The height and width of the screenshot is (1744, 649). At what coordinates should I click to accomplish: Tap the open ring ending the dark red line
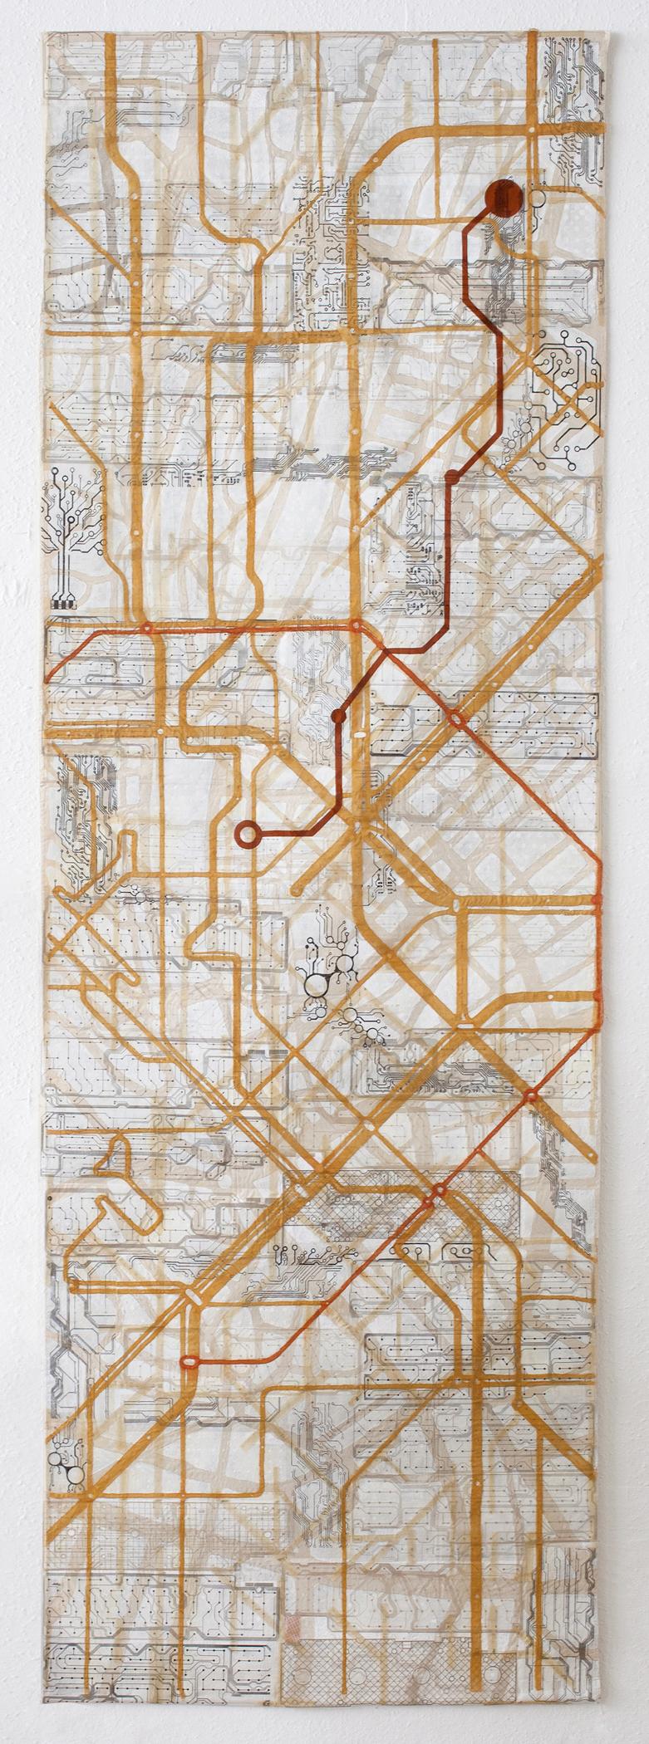[246, 832]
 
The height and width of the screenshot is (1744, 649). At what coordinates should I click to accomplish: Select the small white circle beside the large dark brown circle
[537, 198]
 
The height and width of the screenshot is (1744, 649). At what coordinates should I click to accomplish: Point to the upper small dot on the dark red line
[452, 477]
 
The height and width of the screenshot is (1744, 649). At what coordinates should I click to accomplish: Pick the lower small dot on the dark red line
[338, 715]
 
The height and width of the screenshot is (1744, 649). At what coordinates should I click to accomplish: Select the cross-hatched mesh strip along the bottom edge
[349, 1694]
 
